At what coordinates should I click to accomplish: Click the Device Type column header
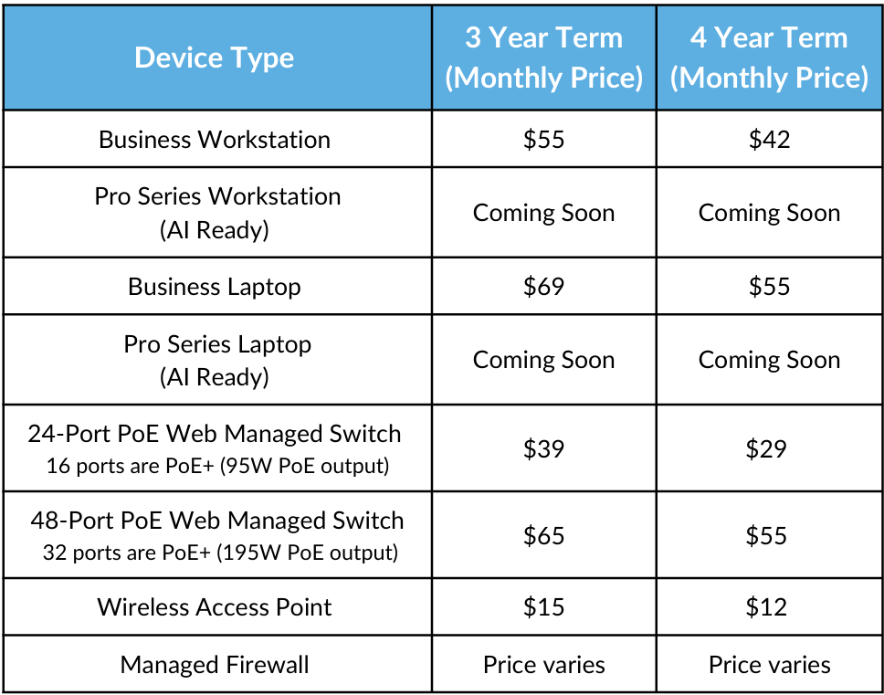click(215, 58)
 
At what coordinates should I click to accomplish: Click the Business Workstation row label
click(215, 140)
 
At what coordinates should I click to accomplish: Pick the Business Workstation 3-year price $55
click(544, 140)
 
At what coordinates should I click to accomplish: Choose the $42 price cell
click(770, 140)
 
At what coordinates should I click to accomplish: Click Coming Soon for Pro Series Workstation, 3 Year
click(544, 213)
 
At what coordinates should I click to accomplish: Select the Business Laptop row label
click(215, 287)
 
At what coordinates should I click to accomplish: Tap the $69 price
click(544, 287)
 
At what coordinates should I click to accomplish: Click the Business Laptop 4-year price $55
click(770, 287)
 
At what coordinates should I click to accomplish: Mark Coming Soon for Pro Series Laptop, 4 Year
click(770, 360)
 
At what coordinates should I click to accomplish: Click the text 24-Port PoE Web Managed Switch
click(215, 434)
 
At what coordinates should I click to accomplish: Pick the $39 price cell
click(544, 448)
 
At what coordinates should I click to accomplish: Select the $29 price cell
click(766, 448)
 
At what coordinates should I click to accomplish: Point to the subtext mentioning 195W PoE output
click(220, 553)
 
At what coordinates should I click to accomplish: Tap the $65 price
click(544, 535)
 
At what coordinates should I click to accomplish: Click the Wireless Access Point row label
click(215, 607)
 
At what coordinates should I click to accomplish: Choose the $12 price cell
click(766, 607)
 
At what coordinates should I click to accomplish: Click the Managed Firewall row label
click(215, 665)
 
